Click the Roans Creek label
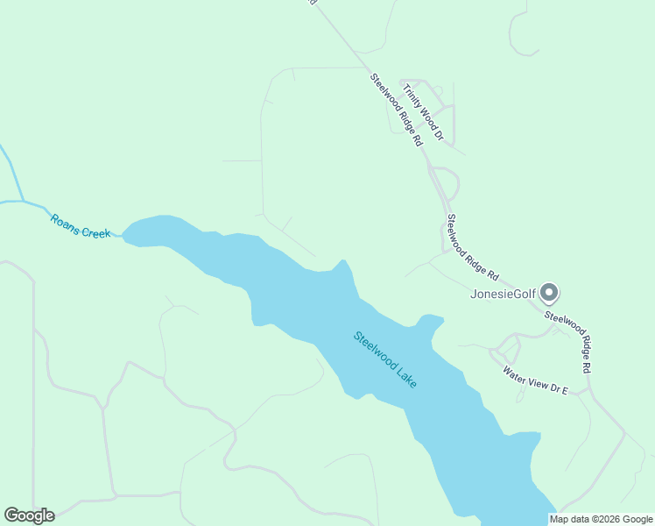81,226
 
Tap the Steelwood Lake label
385,359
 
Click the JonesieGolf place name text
503,293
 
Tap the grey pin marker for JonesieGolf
549,292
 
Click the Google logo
29,515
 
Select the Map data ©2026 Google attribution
602,519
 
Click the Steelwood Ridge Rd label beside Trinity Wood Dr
397,109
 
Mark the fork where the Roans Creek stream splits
22,201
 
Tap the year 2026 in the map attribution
602,519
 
